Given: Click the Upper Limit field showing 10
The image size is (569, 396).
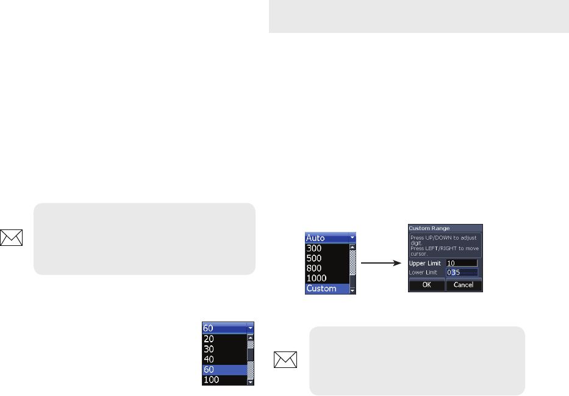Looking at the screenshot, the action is click(x=462, y=262).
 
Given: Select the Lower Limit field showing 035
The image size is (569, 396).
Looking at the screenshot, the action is click(x=462, y=272).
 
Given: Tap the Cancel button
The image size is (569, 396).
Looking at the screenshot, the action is click(x=464, y=284).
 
